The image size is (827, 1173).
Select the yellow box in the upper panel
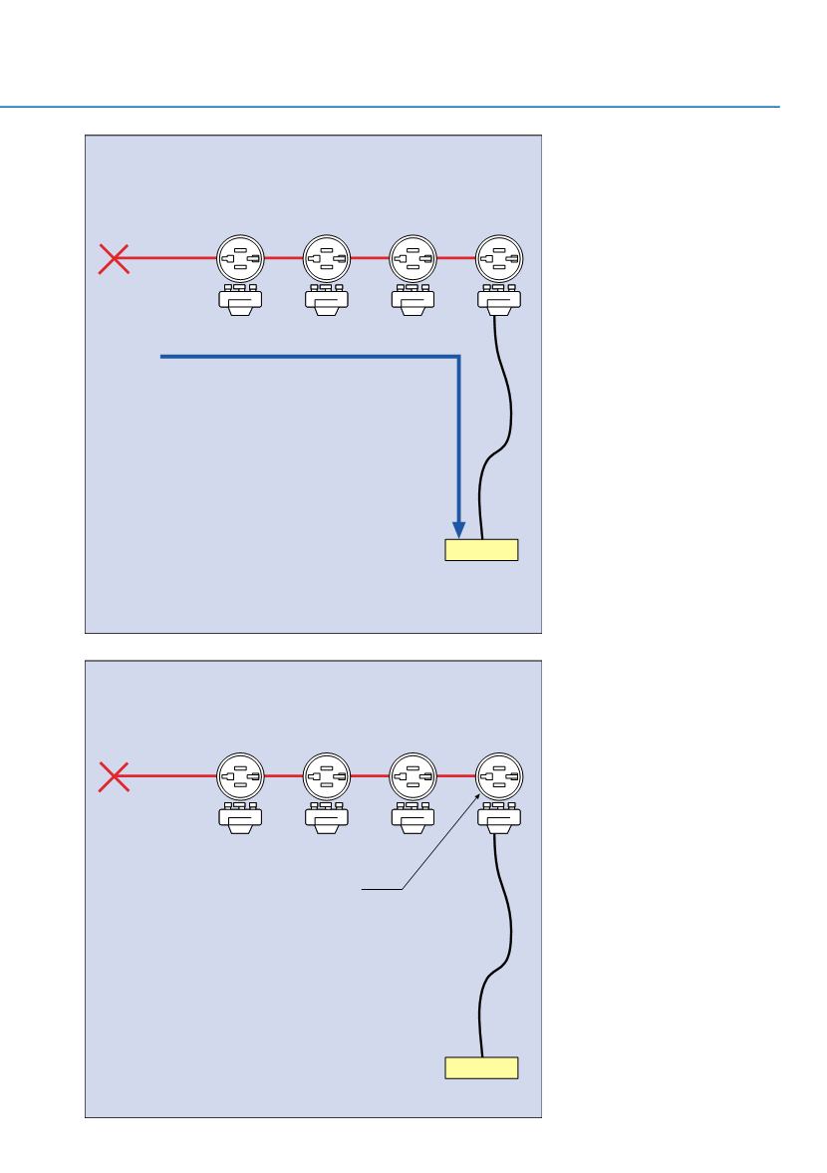481,550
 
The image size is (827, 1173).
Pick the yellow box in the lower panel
481,1068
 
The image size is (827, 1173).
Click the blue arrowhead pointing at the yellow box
458,527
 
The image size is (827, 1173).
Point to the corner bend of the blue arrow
457,355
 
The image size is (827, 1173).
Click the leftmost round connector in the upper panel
241,259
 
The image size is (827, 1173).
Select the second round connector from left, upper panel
327,259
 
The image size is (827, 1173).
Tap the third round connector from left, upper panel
413,259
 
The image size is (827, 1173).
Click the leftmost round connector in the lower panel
241,776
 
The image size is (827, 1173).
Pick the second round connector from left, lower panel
327,776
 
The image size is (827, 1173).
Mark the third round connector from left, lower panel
413,776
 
